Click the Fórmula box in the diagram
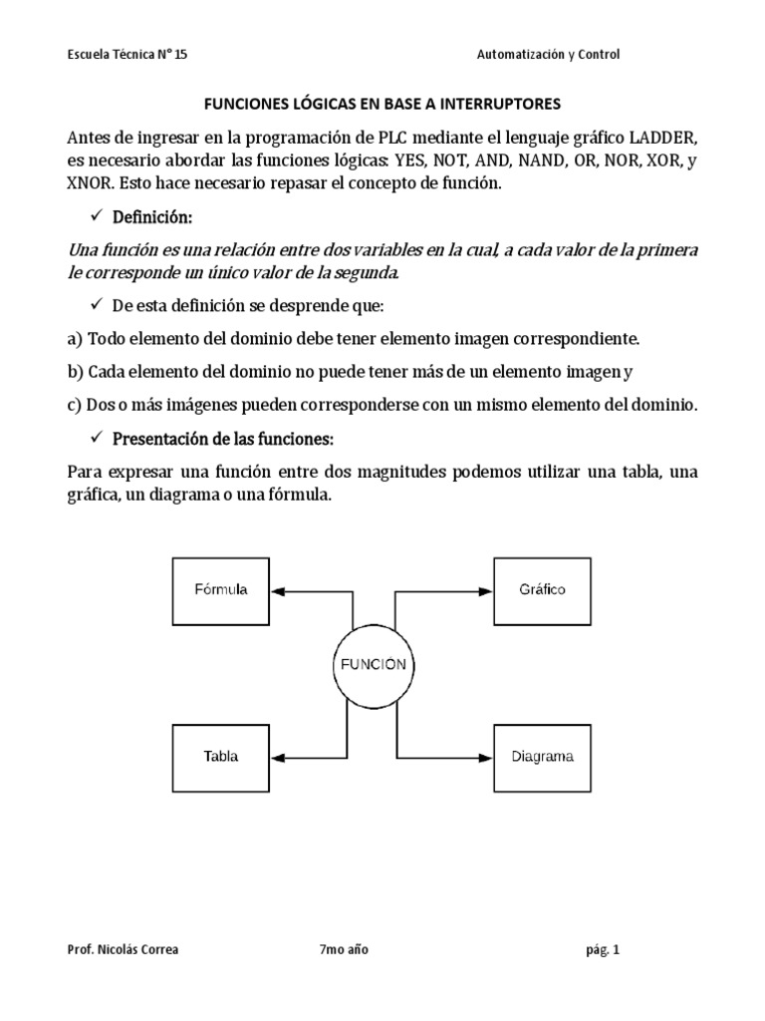[220, 590]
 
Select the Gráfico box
[541, 590]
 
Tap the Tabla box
[220, 757]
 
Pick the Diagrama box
[541, 757]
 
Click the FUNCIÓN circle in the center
[374, 666]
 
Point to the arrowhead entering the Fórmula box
[278, 591]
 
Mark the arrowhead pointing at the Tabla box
[278, 757]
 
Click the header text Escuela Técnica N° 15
[127, 55]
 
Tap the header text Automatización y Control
[548, 55]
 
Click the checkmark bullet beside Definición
[97, 216]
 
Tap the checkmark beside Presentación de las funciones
[97, 438]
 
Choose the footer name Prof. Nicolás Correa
[122, 950]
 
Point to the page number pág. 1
[602, 950]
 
